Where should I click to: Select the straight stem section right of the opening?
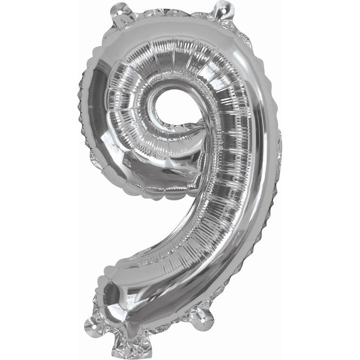(x=227, y=142)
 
